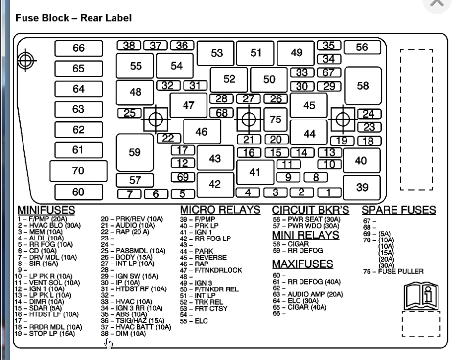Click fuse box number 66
(79, 48)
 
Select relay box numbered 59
(135, 152)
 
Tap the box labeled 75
(276, 119)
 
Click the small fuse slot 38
(129, 46)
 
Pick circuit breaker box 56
(362, 47)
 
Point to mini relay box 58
(363, 86)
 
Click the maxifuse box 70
(78, 171)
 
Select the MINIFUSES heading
(46, 210)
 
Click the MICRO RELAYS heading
(220, 210)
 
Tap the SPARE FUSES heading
(398, 210)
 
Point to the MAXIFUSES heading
(303, 264)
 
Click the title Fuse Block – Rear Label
(73, 18)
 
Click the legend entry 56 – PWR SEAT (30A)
(306, 220)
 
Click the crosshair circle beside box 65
(26, 61)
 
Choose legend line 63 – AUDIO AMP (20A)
(308, 294)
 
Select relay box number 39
(362, 187)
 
